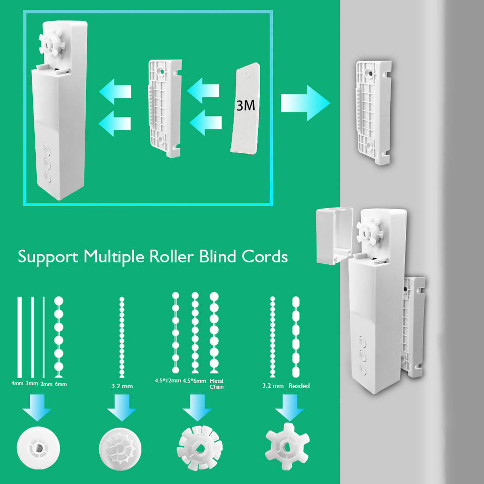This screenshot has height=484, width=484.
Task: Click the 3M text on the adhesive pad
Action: [246, 105]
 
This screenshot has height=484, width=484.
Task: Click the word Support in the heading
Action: [48, 256]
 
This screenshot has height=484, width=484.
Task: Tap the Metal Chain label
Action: [216, 384]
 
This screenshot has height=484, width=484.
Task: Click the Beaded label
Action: [299, 386]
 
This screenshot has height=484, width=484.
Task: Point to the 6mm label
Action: [60, 384]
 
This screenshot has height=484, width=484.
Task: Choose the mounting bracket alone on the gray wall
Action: [373, 112]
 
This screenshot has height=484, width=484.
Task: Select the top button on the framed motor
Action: [48, 150]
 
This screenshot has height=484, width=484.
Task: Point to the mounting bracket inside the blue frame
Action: [164, 108]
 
